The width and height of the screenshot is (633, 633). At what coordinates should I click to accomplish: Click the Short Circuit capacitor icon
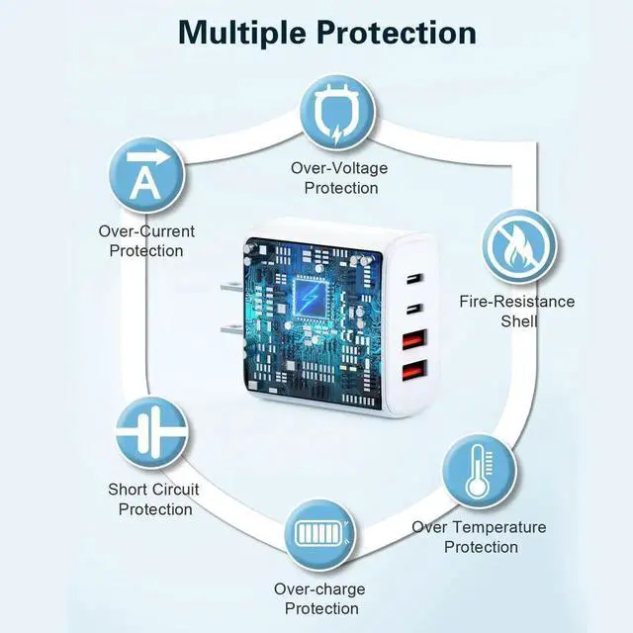(153, 432)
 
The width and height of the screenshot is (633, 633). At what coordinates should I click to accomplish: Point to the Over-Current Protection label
(146, 240)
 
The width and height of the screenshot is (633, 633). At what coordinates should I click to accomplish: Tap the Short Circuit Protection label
(154, 498)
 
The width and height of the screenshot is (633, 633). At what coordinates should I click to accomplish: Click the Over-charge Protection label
(318, 598)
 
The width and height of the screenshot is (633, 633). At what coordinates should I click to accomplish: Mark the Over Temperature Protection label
(480, 537)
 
